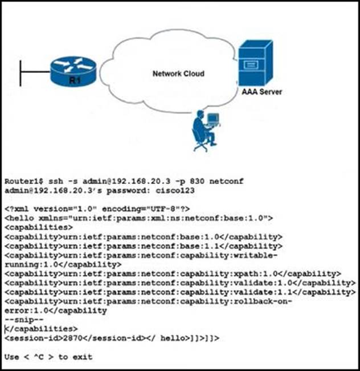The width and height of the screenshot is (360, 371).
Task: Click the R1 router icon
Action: pyautogui.click(x=73, y=72)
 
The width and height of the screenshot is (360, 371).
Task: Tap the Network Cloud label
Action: pyautogui.click(x=179, y=74)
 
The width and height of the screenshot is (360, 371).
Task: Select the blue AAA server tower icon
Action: pyautogui.click(x=255, y=63)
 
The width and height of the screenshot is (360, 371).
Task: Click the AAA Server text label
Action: pyautogui.click(x=262, y=92)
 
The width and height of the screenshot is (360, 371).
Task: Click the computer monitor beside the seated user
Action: pyautogui.click(x=214, y=119)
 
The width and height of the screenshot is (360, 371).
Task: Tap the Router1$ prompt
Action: pyautogui.click(x=24, y=181)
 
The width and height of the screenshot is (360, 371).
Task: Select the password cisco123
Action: pyautogui.click(x=175, y=190)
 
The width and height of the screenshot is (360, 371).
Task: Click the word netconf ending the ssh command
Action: pyautogui.click(x=226, y=181)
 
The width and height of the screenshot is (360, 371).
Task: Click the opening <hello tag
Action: pyautogui.click(x=19, y=218)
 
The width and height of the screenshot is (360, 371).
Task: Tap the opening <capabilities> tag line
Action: pyautogui.click(x=39, y=227)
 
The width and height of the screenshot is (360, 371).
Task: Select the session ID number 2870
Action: pyautogui.click(x=73, y=338)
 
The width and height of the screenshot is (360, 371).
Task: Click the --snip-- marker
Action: pyautogui.click(x=24, y=320)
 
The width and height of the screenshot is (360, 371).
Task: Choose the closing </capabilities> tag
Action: pyautogui.click(x=41, y=329)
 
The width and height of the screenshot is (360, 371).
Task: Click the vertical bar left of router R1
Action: pyautogui.click(x=21, y=74)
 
